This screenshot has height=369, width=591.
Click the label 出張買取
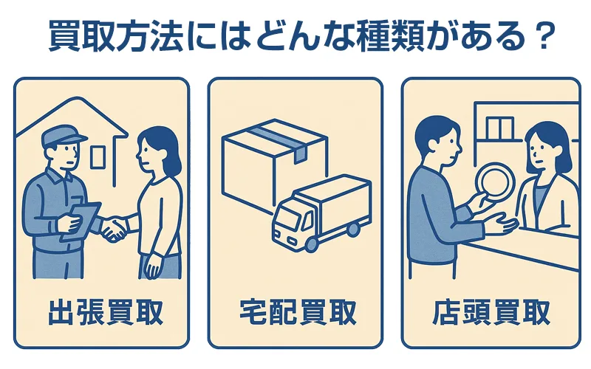[x=106, y=312]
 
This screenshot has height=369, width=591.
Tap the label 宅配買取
[x=298, y=312]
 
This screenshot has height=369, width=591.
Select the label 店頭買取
[x=491, y=312]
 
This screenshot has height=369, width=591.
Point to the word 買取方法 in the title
[x=117, y=36]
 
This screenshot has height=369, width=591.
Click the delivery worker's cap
[x=64, y=136]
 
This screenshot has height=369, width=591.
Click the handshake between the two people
[x=115, y=228]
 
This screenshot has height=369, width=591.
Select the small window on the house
[x=98, y=157]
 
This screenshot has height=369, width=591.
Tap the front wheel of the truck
[x=312, y=244]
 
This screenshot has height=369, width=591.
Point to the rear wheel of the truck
[x=353, y=229]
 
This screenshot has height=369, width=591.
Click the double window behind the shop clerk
[x=500, y=128]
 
